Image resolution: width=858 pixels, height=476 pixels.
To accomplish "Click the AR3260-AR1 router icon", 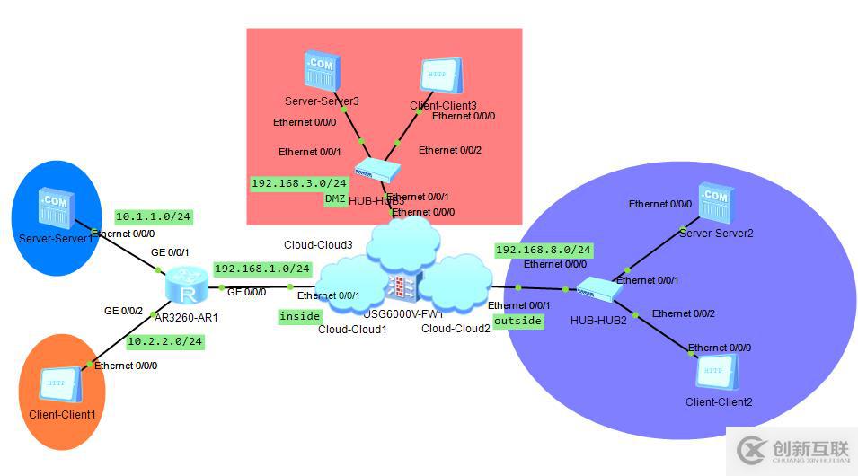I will click(188, 287).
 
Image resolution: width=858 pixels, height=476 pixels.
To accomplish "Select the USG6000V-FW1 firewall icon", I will click(399, 287).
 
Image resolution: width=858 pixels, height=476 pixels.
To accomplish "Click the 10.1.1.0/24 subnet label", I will click(154, 216).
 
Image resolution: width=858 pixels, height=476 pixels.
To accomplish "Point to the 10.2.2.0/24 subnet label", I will click(164, 341).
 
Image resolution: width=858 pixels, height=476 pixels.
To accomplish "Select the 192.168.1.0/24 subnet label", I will click(262, 269).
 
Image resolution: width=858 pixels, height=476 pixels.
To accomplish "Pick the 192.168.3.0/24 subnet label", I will click(298, 182).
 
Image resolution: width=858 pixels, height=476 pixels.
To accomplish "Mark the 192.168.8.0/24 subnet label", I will click(544, 250).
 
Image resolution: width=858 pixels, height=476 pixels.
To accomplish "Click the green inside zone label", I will click(299, 316).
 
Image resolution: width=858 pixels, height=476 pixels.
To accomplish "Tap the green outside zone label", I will click(518, 321).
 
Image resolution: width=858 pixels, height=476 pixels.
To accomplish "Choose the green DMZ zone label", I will click(334, 199).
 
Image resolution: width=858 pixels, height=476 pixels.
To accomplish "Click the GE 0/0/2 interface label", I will click(124, 311).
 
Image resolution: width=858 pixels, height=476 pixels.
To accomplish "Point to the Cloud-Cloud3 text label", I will click(318, 244).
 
